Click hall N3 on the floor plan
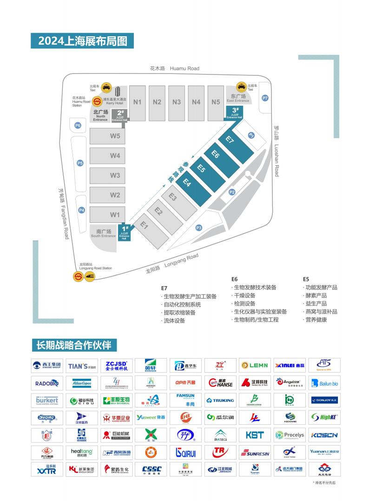177,102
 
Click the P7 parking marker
265,98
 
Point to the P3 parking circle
199,227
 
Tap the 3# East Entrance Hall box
235,113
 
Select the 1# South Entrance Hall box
124,231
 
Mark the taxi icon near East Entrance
242,87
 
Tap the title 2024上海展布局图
82,41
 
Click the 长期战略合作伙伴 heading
74,345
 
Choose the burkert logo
46,400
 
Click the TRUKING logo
220,400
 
